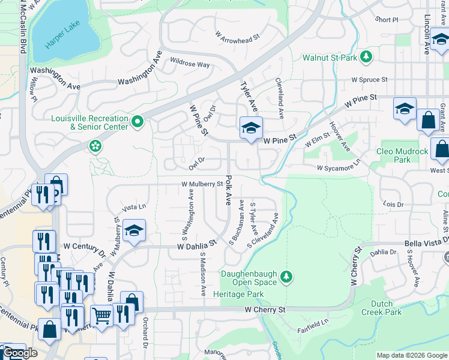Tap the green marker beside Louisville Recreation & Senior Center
click(137, 122)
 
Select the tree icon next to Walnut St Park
click(364, 58)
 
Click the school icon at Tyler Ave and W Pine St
click(251, 128)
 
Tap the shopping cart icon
click(102, 314)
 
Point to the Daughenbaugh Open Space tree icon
click(287, 276)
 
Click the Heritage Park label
click(242, 294)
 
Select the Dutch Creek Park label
click(381, 308)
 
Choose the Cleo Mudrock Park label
click(402, 155)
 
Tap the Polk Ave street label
click(228, 191)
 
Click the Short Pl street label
click(387, 20)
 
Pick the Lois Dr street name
click(393, 205)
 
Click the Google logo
click(20, 353)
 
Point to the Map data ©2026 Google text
click(411, 355)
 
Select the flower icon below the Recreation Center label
click(95, 146)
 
